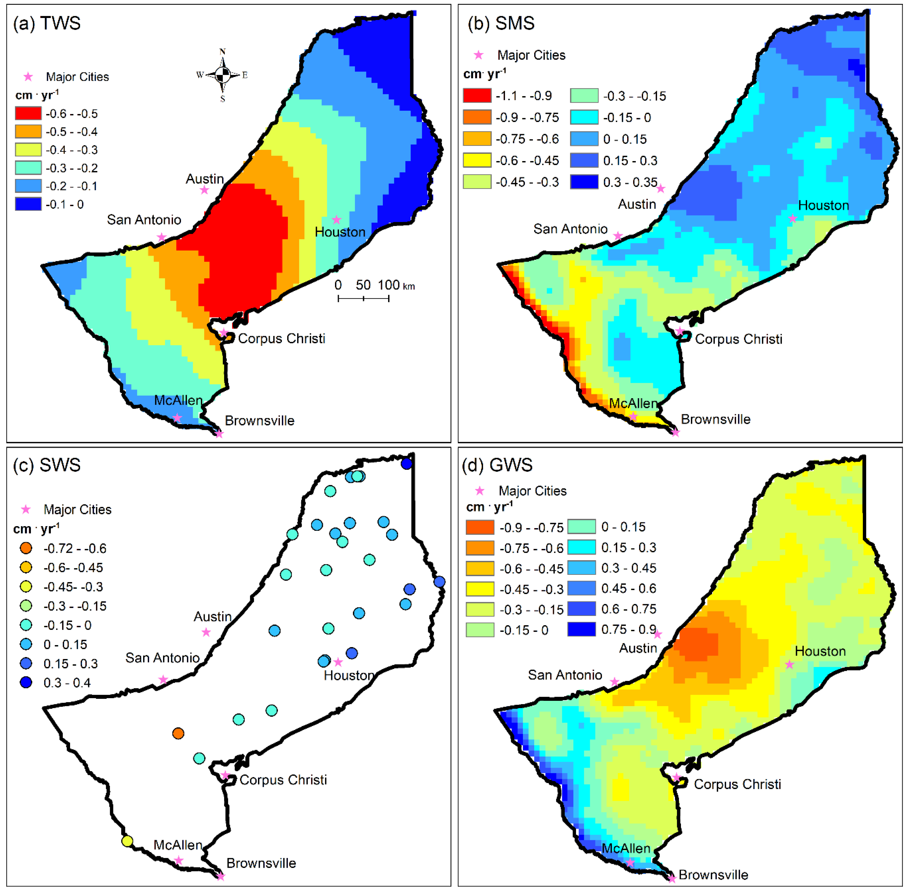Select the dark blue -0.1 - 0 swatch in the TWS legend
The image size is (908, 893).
(28, 204)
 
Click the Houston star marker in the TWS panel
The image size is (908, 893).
(336, 219)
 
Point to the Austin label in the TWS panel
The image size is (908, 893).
(205, 179)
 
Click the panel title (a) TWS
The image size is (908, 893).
(47, 23)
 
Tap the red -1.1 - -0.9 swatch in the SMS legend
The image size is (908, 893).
(477, 95)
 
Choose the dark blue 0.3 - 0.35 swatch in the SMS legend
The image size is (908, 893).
(584, 181)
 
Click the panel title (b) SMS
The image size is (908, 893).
(501, 23)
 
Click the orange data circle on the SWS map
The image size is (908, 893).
(178, 733)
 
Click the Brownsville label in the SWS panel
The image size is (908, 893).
(261, 863)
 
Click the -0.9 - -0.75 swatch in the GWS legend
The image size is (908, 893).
(480, 527)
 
